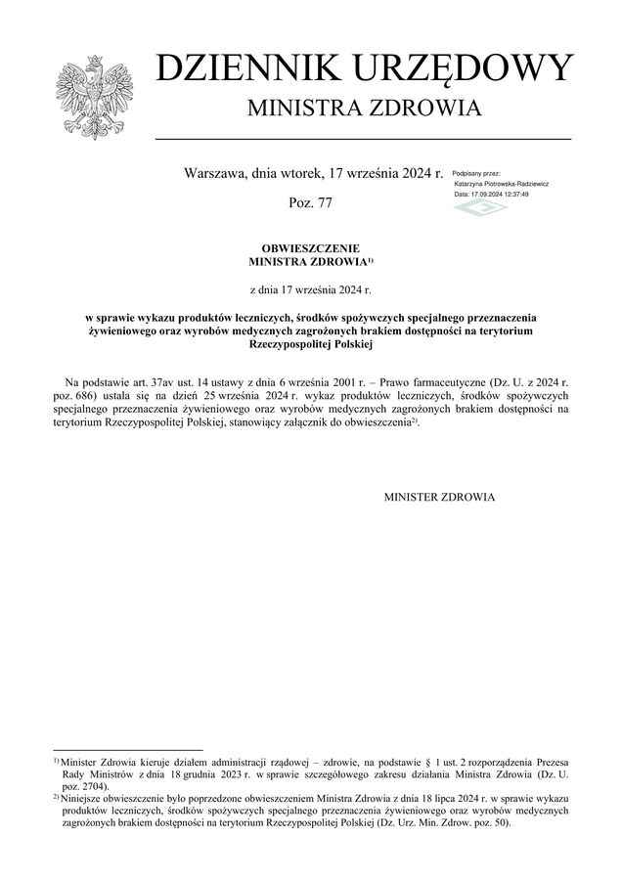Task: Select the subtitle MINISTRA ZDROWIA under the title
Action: (364, 107)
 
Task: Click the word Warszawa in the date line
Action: (215, 173)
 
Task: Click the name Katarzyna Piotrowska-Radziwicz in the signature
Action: (501, 184)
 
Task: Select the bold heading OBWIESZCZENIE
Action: (310, 250)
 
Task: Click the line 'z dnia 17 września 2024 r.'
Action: (311, 289)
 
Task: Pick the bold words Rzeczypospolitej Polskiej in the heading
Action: (311, 345)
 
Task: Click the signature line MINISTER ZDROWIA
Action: (440, 498)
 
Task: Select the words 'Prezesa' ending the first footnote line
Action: (552, 760)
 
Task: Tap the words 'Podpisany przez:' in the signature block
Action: (476, 173)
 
